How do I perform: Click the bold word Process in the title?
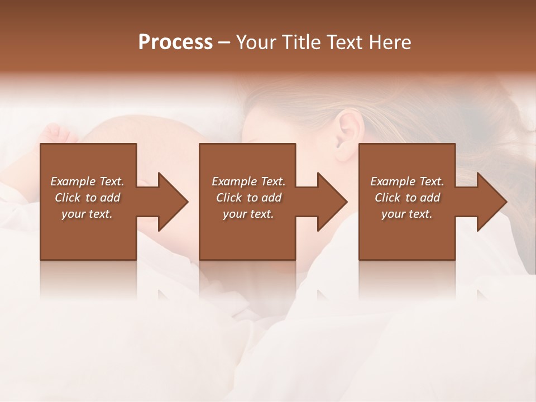pyautogui.click(x=175, y=42)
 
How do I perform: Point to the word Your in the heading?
pyautogui.click(x=256, y=42)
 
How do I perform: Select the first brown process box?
pyautogui.click(x=88, y=234)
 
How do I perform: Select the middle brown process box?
pyautogui.click(x=247, y=234)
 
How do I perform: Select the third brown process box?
pyautogui.click(x=406, y=234)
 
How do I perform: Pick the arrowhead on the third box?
pyautogui.click(x=491, y=202)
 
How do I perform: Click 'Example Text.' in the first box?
pyautogui.click(x=87, y=181)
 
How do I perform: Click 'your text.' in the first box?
pyautogui.click(x=87, y=214)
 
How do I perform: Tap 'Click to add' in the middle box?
pyautogui.click(x=248, y=198)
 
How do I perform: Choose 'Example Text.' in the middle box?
pyautogui.click(x=248, y=181)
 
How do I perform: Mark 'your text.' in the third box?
pyautogui.click(x=407, y=214)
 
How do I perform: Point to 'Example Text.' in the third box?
pyautogui.click(x=407, y=181)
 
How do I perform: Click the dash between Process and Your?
pyautogui.click(x=224, y=43)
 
